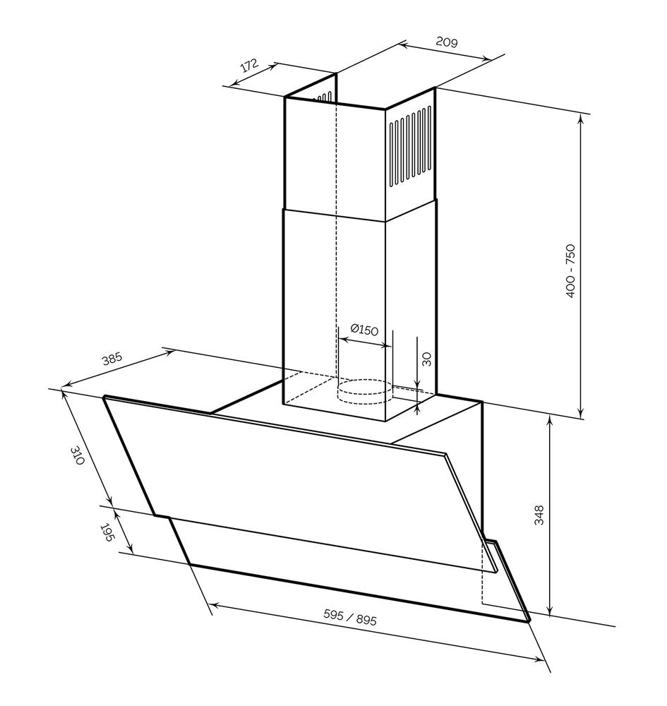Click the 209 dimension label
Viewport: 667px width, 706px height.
coord(447,42)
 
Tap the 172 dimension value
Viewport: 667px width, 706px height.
coord(249,65)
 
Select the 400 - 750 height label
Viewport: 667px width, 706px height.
coord(570,270)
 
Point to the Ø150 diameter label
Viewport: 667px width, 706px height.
coord(363,329)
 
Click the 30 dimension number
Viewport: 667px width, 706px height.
coord(426,359)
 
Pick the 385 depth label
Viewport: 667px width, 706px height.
coord(112,359)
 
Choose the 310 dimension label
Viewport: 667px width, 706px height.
coord(78,455)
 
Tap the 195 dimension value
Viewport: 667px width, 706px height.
coord(105,532)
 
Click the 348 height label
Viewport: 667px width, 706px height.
coord(539,515)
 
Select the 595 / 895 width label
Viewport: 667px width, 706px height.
coord(349,617)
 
